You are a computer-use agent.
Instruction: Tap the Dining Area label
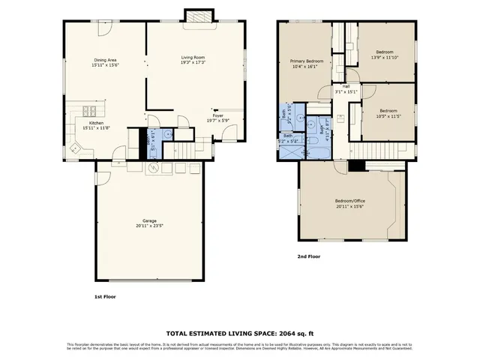coord(104,61)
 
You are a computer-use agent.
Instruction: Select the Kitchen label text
coord(97,122)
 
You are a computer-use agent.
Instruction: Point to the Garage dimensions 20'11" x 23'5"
coord(150,226)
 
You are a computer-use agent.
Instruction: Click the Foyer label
coord(216,115)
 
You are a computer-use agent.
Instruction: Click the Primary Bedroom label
coord(307,61)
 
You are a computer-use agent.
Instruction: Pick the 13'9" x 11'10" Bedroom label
coord(385,54)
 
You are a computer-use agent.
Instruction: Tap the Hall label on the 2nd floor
coord(346,88)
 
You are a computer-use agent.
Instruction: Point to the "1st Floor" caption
coord(104,297)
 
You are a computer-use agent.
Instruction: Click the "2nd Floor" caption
coord(309,256)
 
